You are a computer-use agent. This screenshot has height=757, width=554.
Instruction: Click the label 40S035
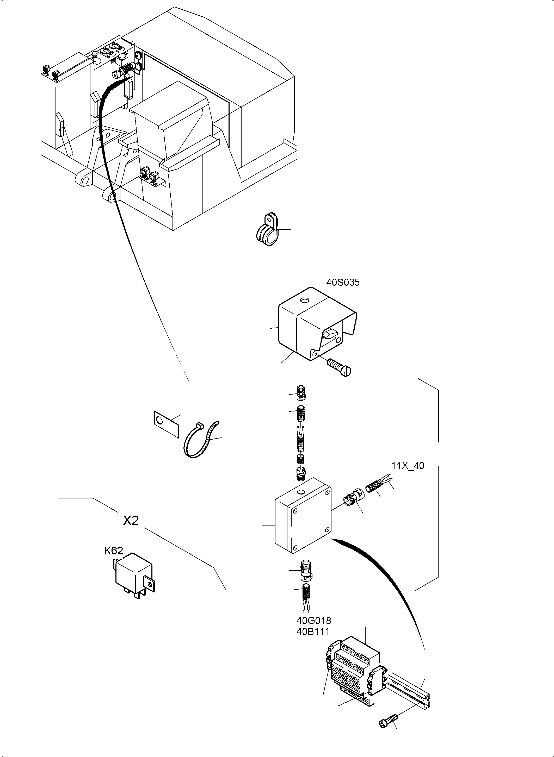click(x=343, y=283)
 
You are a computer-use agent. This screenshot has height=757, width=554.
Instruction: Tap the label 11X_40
click(x=408, y=466)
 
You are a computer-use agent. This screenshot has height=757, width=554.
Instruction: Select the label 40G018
click(x=313, y=621)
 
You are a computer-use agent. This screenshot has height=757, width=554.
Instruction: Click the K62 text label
click(x=113, y=550)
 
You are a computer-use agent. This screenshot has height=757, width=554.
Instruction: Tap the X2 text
click(x=131, y=520)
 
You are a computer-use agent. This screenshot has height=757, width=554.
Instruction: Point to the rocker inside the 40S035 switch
click(x=330, y=333)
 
